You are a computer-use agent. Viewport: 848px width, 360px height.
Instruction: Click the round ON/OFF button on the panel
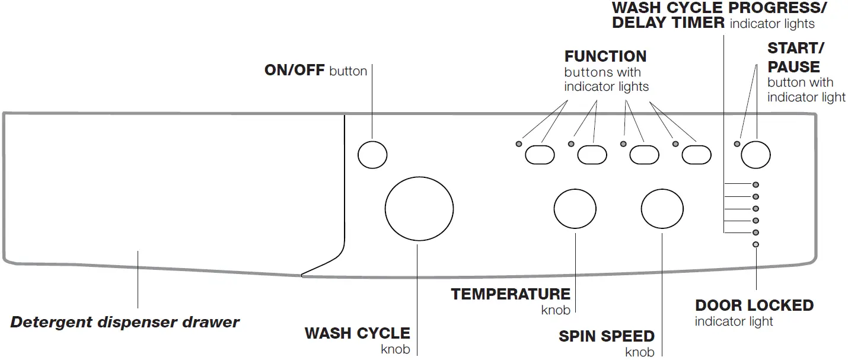[372, 155]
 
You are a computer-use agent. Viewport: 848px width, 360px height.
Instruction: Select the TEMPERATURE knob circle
[575, 209]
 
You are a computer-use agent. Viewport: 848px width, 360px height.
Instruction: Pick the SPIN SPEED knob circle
[662, 209]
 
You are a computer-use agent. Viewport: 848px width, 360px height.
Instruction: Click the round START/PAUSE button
[755, 155]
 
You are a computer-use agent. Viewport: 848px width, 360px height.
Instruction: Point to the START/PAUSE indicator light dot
[737, 144]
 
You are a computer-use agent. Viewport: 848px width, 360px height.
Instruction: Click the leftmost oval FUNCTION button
[540, 155]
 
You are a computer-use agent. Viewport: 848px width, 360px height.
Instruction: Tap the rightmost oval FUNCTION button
[696, 155]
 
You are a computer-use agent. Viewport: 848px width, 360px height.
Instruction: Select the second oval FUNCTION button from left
[592, 155]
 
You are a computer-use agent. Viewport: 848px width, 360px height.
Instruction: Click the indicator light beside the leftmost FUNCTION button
[519, 144]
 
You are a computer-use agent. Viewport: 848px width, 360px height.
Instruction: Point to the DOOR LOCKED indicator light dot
[755, 244]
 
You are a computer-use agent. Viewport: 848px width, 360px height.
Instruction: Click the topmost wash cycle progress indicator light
[755, 185]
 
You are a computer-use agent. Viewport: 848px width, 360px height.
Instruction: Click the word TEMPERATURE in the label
[511, 294]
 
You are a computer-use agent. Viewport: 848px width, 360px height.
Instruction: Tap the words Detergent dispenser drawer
[125, 323]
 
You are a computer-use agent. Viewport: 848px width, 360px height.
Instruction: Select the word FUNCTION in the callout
[605, 57]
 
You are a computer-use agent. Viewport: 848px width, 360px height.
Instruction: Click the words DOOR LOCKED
[754, 306]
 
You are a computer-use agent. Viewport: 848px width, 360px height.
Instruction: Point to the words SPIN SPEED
[607, 336]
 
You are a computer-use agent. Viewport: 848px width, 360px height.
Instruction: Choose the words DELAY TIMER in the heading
[668, 23]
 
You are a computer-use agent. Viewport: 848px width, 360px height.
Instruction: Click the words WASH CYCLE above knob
[358, 333]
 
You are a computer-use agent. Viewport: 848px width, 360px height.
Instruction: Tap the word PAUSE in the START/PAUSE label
[793, 66]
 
